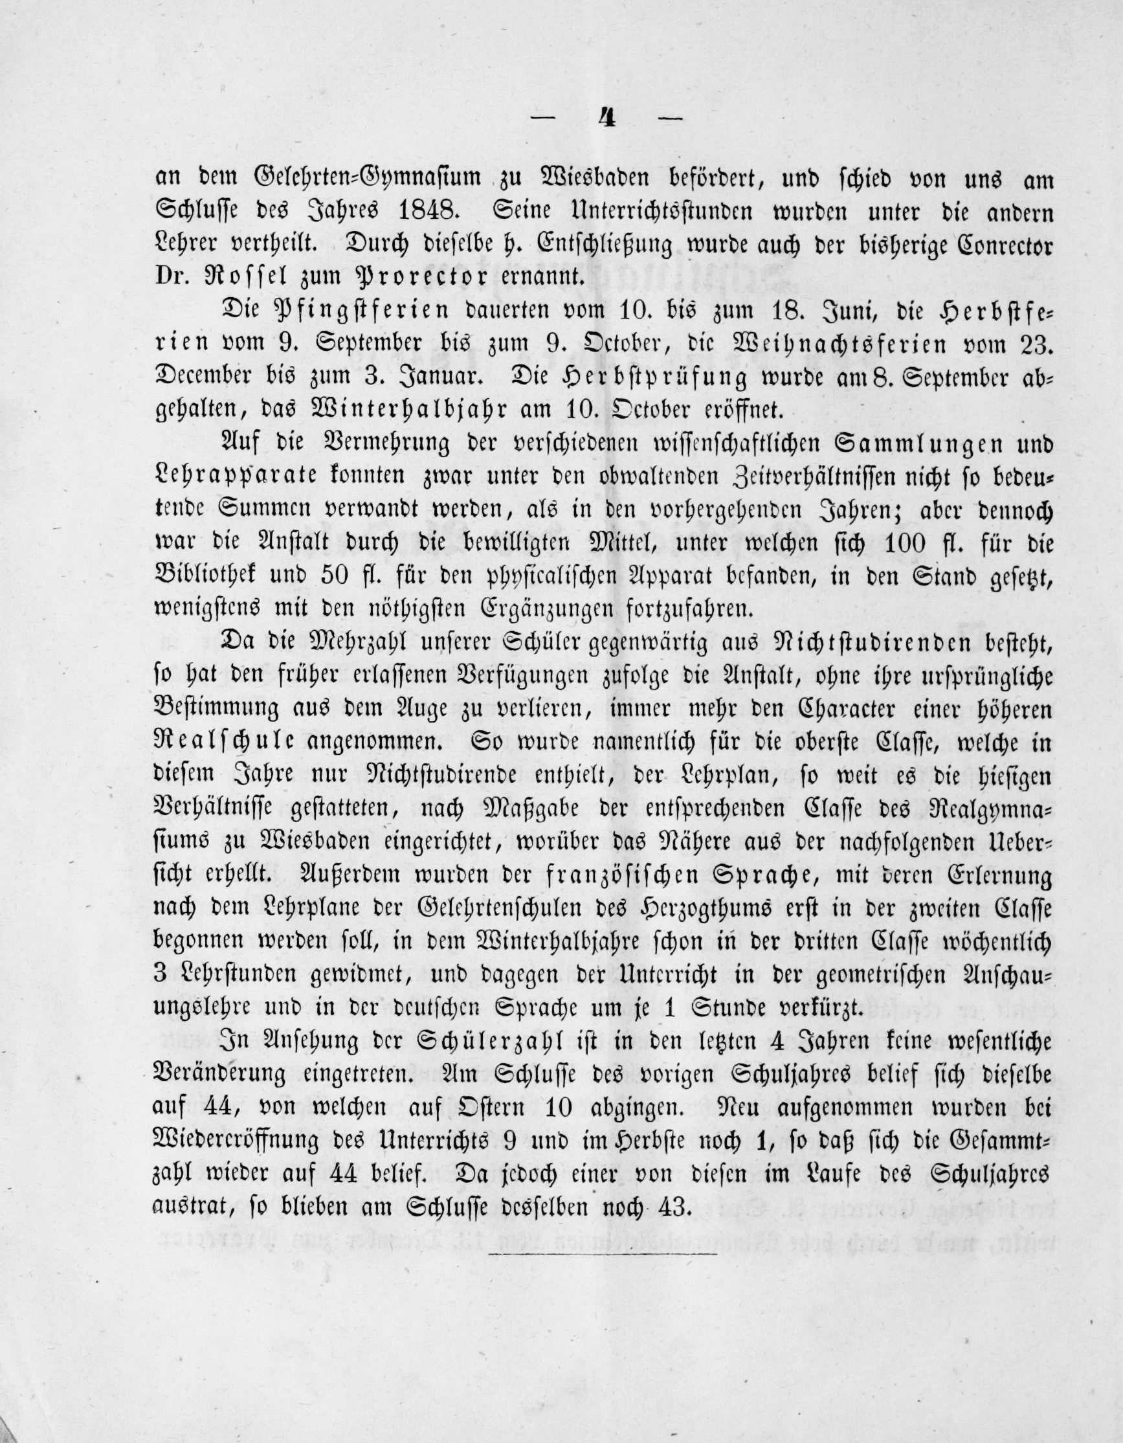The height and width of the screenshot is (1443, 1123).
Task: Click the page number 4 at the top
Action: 607,120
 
